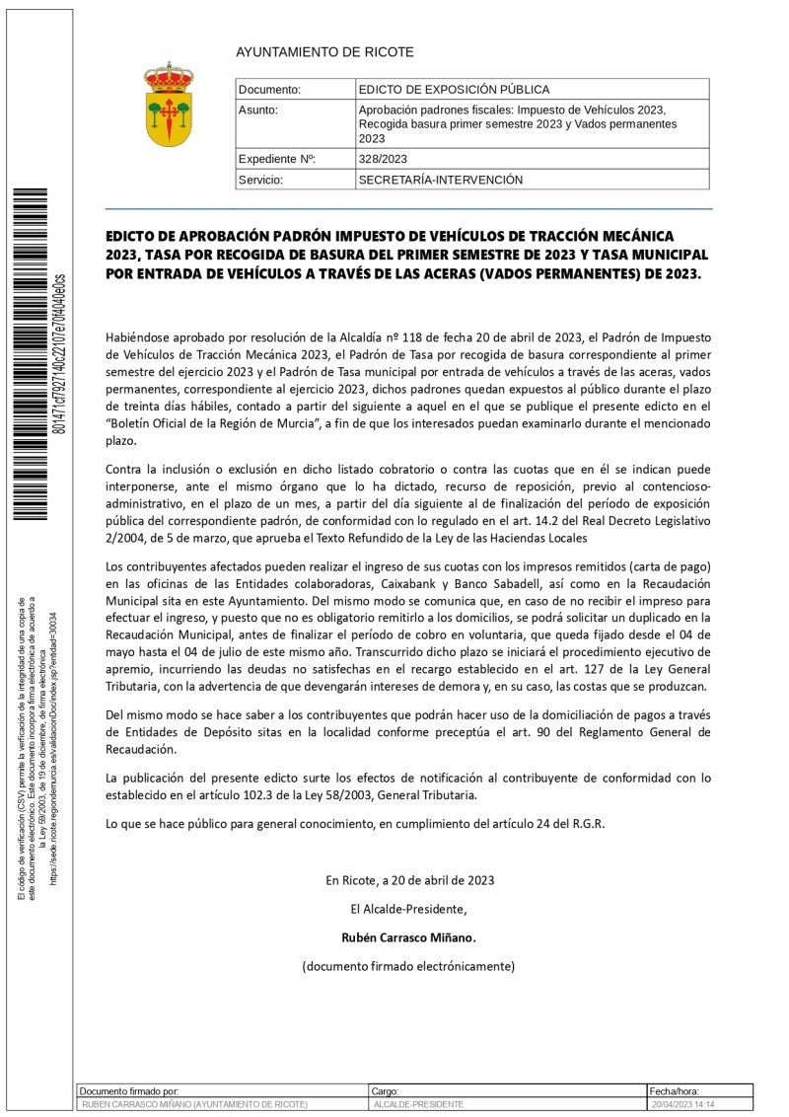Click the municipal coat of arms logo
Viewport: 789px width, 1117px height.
(169, 104)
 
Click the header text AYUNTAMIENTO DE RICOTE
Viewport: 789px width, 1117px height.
(324, 52)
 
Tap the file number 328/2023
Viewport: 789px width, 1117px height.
(383, 159)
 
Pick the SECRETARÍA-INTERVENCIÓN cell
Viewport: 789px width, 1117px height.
(440, 181)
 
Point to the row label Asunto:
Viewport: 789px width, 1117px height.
(258, 110)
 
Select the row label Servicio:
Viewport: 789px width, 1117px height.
(261, 181)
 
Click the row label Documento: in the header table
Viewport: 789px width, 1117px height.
(269, 89)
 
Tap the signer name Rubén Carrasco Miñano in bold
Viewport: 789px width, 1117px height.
(408, 936)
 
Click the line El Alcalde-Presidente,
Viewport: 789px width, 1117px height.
(408, 908)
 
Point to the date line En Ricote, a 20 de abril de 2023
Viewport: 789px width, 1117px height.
(409, 879)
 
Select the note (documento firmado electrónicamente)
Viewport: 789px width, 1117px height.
(408, 966)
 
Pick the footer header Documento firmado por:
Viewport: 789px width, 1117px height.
(129, 1091)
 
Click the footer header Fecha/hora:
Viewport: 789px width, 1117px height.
(675, 1091)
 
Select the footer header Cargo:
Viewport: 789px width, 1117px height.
(385, 1091)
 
